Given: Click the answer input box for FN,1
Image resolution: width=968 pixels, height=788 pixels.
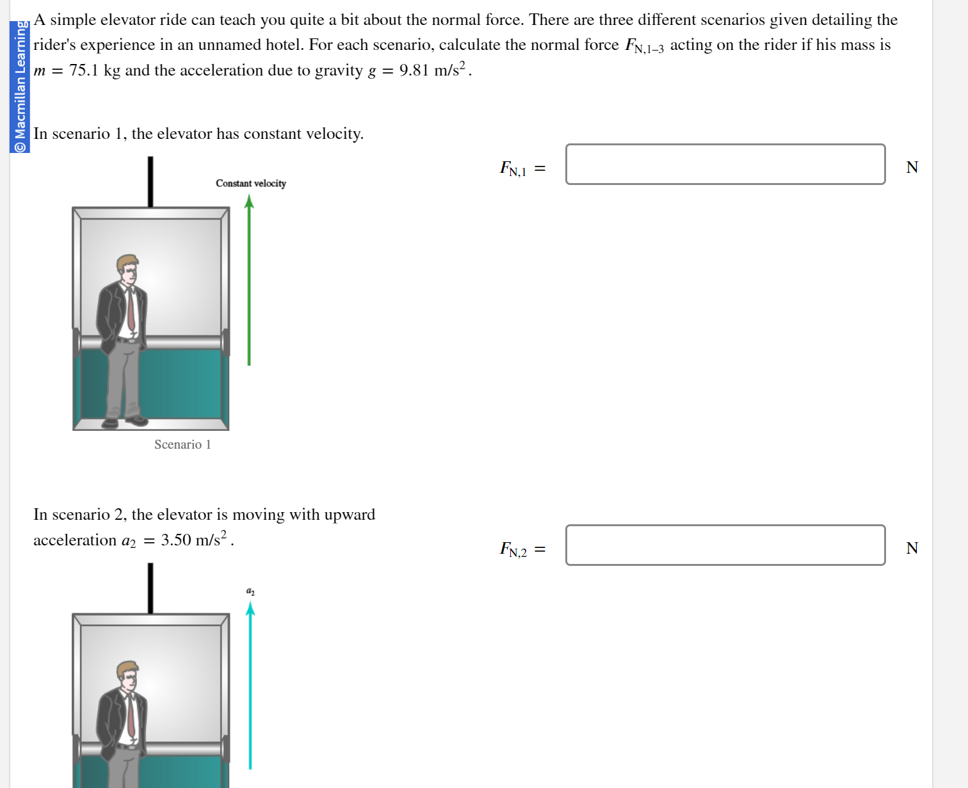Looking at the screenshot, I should (x=725, y=165).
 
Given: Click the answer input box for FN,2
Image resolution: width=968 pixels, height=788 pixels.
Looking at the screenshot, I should (x=725, y=545).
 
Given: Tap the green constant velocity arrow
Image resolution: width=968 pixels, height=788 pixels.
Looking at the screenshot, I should (x=249, y=282).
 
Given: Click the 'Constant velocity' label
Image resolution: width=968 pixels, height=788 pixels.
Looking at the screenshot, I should (x=250, y=184).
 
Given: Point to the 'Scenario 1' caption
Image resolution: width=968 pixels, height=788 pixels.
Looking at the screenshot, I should (x=182, y=444).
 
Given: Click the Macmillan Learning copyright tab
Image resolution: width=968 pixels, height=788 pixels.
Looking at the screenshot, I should (x=20, y=86).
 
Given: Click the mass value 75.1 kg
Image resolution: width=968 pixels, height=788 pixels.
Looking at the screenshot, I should (x=94, y=70).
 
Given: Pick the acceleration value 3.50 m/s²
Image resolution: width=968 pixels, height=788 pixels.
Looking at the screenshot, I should (x=194, y=540).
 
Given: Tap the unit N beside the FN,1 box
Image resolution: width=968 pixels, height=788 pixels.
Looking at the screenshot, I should (x=912, y=168).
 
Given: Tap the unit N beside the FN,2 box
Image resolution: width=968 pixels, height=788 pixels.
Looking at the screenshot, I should (x=912, y=549).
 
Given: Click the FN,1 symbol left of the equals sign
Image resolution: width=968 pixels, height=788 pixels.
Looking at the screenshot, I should (x=513, y=169).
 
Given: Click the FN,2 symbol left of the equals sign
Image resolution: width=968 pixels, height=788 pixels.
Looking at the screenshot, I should (x=513, y=550).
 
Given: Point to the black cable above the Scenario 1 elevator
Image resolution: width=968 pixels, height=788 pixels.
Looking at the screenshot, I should (x=150, y=182).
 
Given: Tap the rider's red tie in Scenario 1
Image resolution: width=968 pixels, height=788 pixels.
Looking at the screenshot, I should (x=131, y=310).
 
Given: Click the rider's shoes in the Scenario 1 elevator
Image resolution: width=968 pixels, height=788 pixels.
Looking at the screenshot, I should (x=125, y=421).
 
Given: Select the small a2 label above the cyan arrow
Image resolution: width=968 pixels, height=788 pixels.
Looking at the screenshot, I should (x=250, y=591).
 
